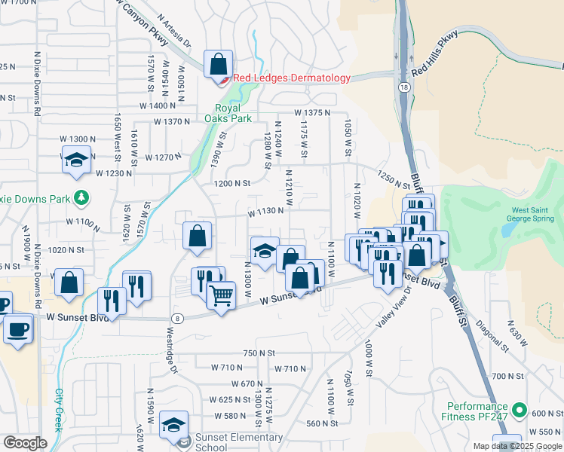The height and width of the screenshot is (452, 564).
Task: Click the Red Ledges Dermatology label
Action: [292, 78]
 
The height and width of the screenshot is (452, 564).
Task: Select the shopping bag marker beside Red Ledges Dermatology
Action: [218, 63]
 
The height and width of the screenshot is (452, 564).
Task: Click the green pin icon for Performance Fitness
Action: [519, 411]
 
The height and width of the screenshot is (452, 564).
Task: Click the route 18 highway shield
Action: [406, 88]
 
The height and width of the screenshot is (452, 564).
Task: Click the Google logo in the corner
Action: [25, 443]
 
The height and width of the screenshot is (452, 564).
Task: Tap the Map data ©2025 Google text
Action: [517, 446]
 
